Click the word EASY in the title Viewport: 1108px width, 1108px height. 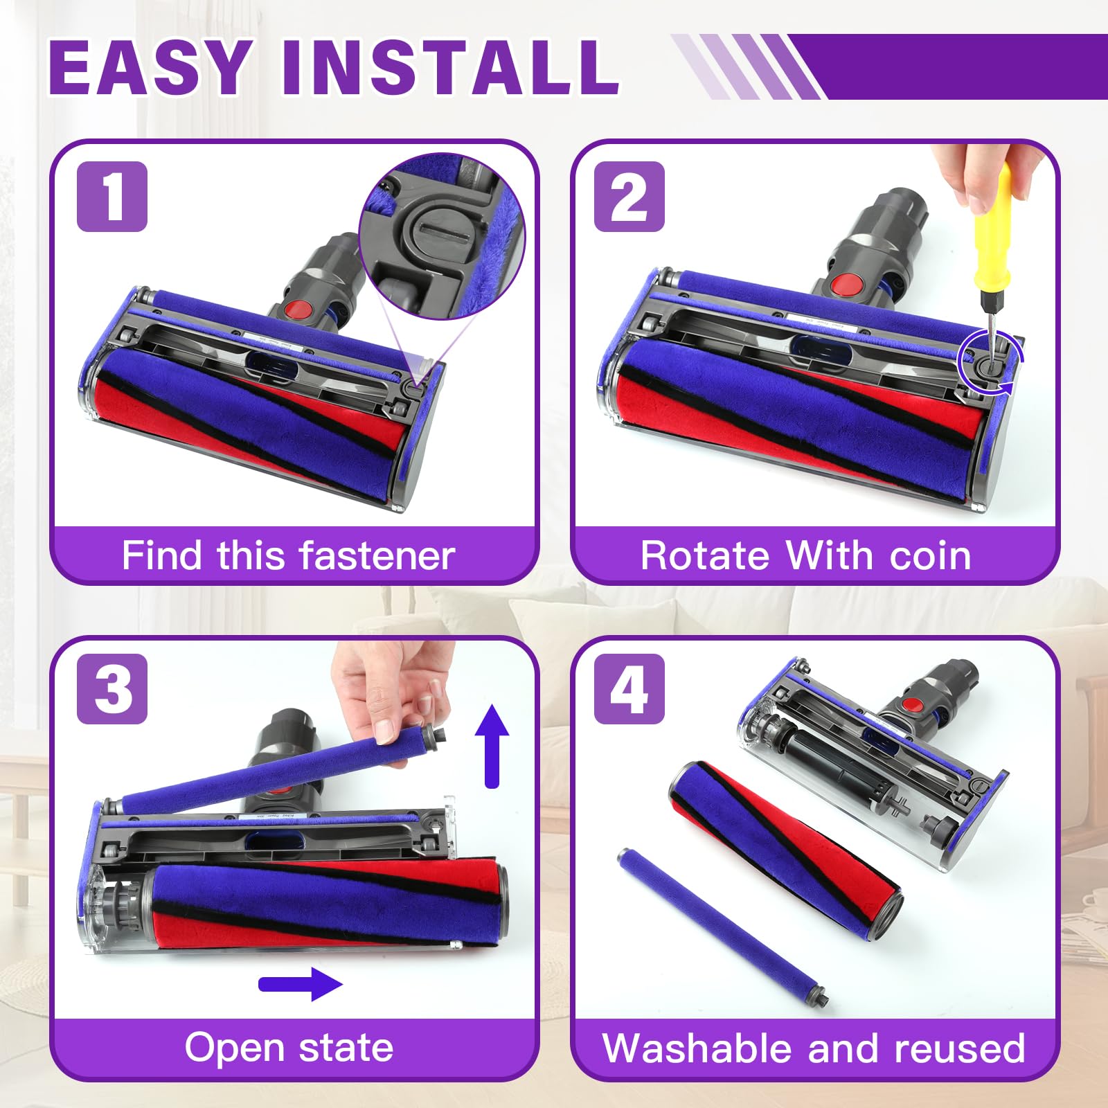(x=150, y=67)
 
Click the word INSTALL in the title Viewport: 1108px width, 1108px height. (x=450, y=67)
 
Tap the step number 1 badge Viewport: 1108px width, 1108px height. (x=112, y=197)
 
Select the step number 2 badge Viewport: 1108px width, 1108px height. (x=629, y=197)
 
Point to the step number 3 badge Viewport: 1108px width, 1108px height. (x=112, y=689)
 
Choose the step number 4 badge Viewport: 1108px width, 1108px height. (x=629, y=689)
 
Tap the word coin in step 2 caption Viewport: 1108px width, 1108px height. (x=930, y=555)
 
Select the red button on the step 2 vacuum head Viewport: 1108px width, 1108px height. (x=844, y=283)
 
